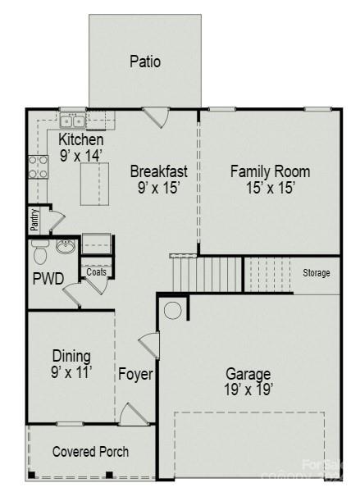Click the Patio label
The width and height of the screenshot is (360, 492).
pyautogui.click(x=144, y=61)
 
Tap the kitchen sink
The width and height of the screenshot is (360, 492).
pyautogui.click(x=71, y=121)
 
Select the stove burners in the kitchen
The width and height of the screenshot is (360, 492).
pyautogui.click(x=37, y=167)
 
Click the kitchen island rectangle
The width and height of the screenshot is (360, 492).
pyautogui.click(x=94, y=182)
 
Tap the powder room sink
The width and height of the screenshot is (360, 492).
pyautogui.click(x=66, y=245)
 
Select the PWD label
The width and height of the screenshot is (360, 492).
pyautogui.click(x=48, y=279)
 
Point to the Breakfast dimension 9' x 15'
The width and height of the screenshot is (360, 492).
pyautogui.click(x=159, y=188)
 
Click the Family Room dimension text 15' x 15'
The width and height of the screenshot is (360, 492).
pyautogui.click(x=270, y=188)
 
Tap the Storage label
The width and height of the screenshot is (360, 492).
pyautogui.click(x=316, y=273)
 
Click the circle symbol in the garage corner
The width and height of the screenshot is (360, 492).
pyautogui.click(x=173, y=311)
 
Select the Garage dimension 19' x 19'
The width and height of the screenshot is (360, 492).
pyautogui.click(x=249, y=389)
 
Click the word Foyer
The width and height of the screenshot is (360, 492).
pyautogui.click(x=135, y=375)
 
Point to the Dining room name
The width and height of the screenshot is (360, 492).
pyautogui.click(x=71, y=356)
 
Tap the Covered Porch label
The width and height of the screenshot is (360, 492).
pyautogui.click(x=90, y=452)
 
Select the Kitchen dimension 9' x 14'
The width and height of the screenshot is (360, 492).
pyautogui.click(x=80, y=156)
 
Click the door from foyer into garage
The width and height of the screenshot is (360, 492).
pyautogui.click(x=148, y=345)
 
